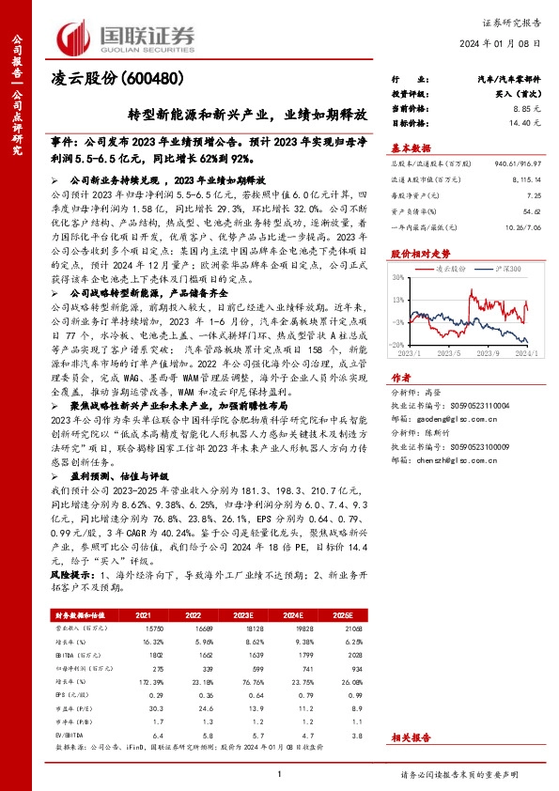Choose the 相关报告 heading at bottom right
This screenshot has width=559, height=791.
(x=411, y=739)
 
